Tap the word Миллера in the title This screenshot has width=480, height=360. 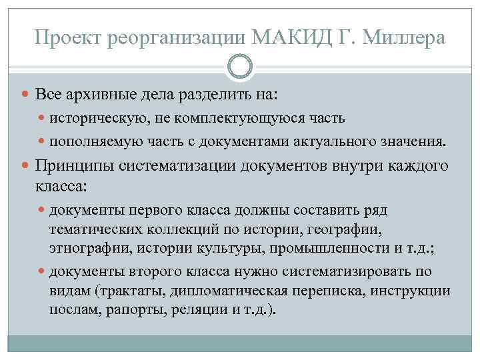(x=405, y=38)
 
